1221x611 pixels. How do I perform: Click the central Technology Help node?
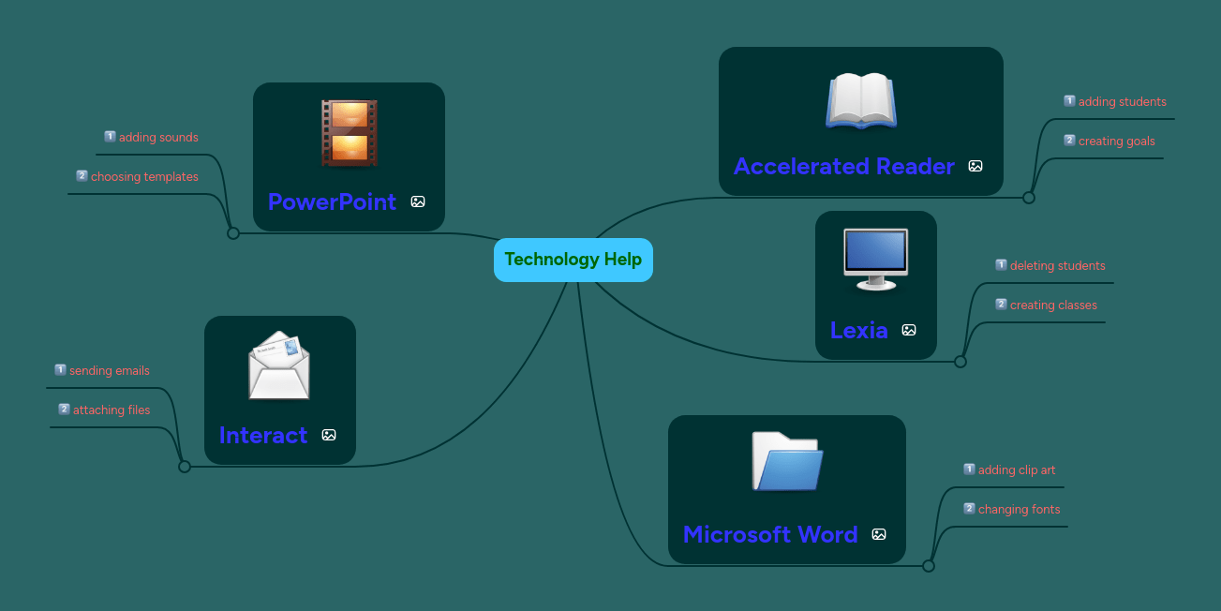point(573,260)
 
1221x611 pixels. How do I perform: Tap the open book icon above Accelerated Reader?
point(860,100)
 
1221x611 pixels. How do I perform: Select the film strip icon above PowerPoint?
point(350,132)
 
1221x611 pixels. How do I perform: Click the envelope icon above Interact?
point(279,365)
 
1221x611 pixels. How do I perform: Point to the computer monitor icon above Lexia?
point(875,259)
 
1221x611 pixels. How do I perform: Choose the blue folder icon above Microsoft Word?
point(787,461)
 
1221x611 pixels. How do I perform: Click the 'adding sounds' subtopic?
point(158,138)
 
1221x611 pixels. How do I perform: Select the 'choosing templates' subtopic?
point(144,177)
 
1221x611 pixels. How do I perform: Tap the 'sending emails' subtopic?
point(109,371)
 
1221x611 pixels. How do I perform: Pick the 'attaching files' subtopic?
point(111,410)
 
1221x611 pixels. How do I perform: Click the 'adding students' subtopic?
point(1122,102)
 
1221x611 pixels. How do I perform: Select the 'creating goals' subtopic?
point(1116,142)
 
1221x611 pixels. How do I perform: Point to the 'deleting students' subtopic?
point(1057,266)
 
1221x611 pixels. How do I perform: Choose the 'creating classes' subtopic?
point(1053,305)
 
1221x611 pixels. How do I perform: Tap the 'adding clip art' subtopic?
point(1016,470)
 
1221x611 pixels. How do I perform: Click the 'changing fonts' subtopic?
point(1019,510)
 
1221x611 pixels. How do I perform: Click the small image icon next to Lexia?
point(908,330)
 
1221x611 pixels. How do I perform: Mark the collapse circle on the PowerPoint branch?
point(233,233)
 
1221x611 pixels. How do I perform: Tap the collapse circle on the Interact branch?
point(185,467)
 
